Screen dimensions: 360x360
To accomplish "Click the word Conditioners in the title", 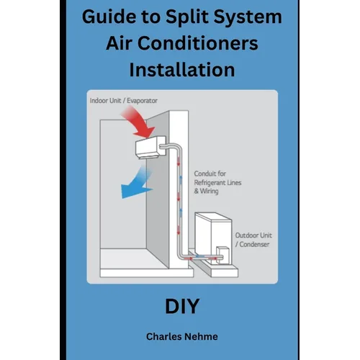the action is pos(198,43).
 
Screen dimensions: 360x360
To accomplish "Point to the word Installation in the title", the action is pos(182,70).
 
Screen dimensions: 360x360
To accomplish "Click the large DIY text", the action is pos(182,306).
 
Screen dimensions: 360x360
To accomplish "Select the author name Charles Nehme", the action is pos(182,336).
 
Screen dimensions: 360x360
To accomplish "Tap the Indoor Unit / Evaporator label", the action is pos(123,101).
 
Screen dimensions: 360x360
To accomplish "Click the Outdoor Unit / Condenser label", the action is pos(253,240).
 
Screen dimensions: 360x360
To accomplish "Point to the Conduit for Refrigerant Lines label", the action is pos(217,182).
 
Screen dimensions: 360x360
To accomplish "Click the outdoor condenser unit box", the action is pos(213,238).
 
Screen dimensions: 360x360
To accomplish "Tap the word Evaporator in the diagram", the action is pos(142,101).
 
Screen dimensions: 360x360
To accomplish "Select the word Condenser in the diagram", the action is pos(254,244).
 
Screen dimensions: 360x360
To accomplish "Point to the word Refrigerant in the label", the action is pos(210,183).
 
